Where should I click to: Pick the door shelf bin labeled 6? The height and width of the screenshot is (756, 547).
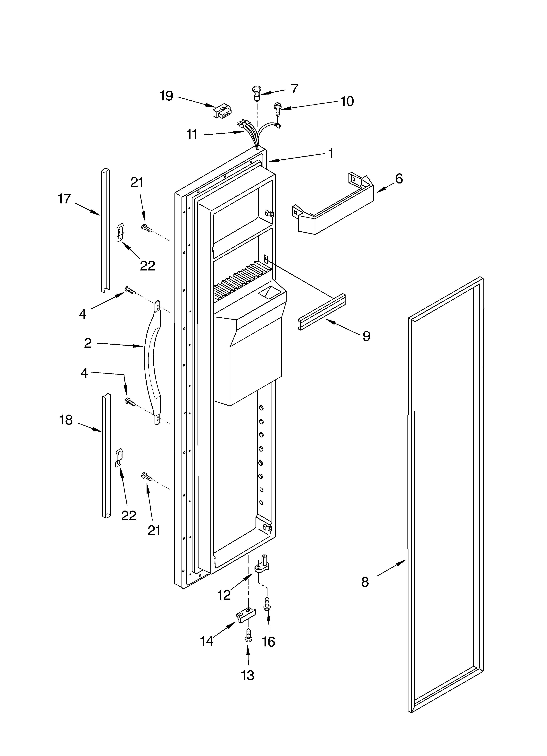click(333, 210)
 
